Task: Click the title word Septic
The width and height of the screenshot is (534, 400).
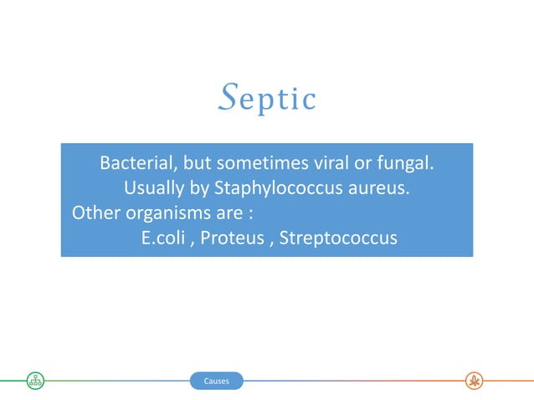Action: coord(266,99)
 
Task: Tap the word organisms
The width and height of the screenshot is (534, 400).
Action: coord(166,212)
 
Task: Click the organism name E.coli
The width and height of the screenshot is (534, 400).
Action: coord(165,238)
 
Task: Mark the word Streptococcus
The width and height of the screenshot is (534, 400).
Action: coord(338,238)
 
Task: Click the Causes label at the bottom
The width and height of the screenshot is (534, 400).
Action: coord(216,382)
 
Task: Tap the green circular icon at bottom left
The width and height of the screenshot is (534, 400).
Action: coord(35,382)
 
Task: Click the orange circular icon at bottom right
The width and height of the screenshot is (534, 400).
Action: coord(474,382)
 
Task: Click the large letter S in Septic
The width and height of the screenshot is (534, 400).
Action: coord(225,97)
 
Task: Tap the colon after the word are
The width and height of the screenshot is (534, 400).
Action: coord(251,213)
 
